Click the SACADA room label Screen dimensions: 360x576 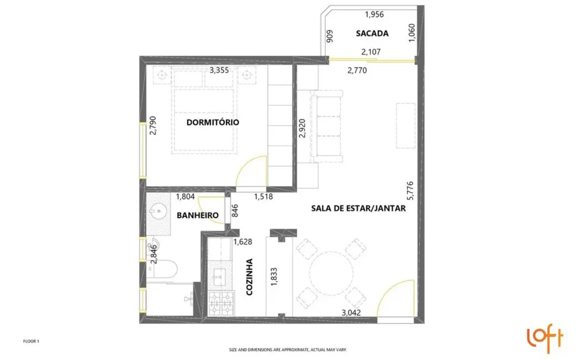point(372,33)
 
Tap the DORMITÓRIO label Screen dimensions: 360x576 point(213,122)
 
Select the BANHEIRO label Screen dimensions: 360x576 point(197,215)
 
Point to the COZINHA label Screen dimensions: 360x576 point(249,277)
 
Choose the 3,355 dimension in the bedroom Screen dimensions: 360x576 point(220,70)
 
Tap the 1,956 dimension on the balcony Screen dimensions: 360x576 point(374,14)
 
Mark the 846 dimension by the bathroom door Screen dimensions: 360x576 point(235,212)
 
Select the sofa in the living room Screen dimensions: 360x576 point(327,127)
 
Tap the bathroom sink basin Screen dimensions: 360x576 point(157,211)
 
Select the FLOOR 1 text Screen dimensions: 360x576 point(31,342)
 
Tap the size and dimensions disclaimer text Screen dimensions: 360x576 point(288,350)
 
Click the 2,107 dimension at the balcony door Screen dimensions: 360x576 point(371,53)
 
